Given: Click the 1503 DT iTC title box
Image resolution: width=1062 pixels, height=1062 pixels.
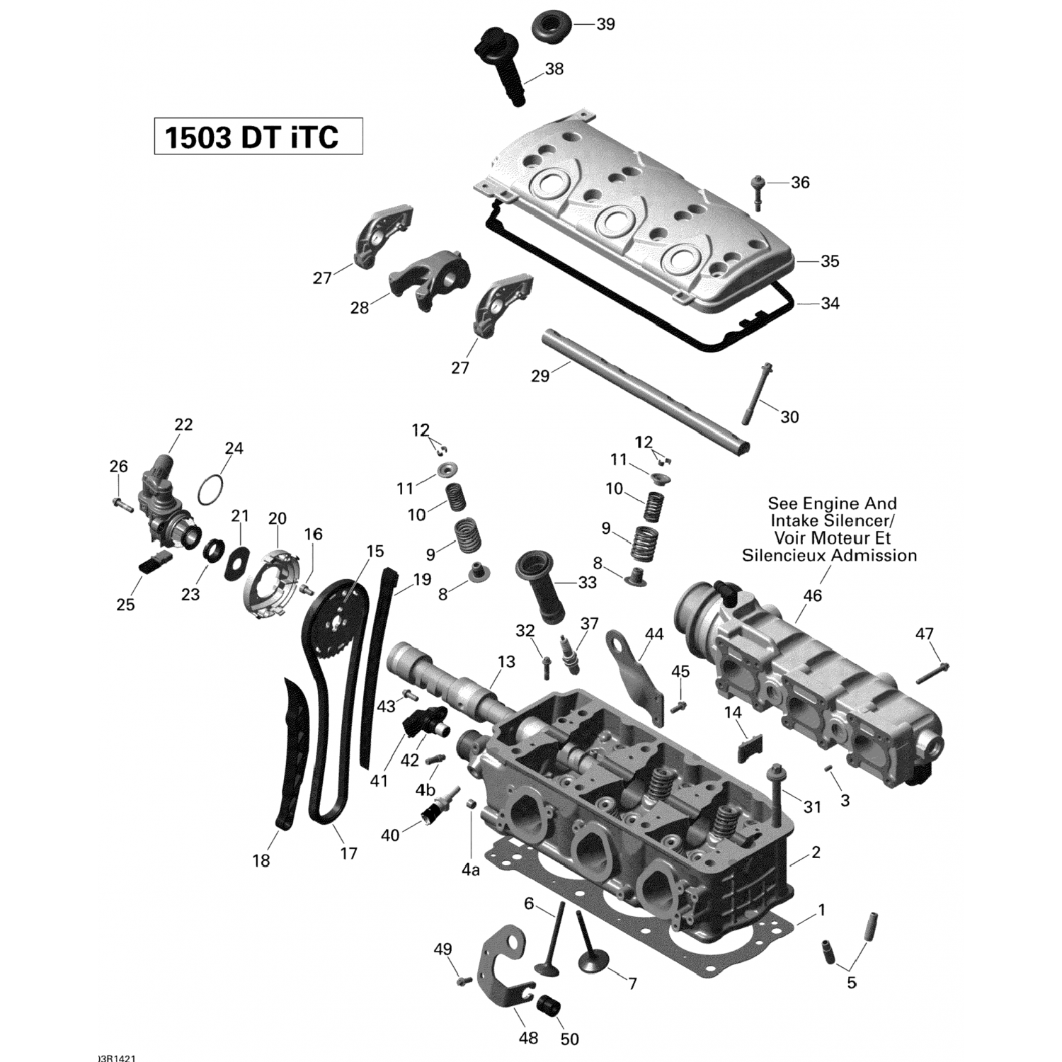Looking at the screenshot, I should (258, 137).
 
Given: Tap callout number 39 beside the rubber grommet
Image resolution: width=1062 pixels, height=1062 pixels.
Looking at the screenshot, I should (605, 24).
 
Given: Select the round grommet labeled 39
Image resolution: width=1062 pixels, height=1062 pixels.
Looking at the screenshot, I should (550, 25).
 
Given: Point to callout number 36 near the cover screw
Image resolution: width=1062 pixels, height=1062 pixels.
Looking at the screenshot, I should (800, 183).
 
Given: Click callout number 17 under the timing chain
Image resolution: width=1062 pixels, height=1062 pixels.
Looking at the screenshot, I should (348, 854).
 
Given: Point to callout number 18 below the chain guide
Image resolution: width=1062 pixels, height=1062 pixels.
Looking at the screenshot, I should (261, 861).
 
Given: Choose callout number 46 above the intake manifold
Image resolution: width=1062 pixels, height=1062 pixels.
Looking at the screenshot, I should (812, 595).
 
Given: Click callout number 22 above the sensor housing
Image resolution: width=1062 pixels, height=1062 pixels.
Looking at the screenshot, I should (183, 425).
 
